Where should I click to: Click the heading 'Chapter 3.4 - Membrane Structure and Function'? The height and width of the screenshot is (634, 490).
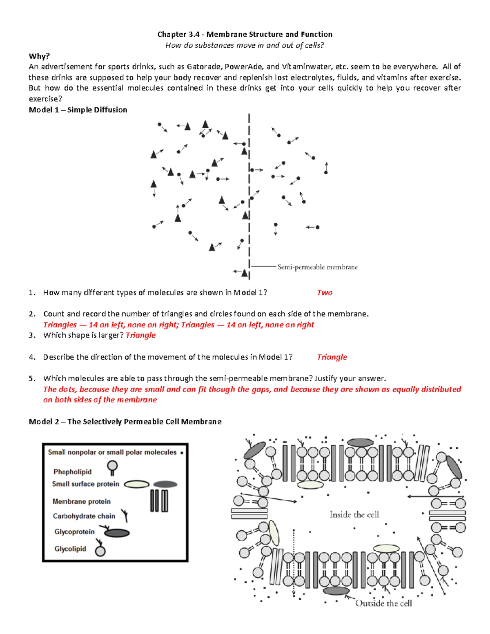tap(245, 34)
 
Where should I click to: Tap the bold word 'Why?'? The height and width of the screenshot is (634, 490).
tap(39, 56)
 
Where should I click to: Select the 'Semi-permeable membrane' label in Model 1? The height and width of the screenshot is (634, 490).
tap(317, 267)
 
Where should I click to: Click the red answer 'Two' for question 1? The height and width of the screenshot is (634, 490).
tap(325, 292)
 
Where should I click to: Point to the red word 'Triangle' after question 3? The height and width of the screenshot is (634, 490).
tap(140, 335)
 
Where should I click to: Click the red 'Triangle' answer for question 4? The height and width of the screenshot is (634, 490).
tap(332, 357)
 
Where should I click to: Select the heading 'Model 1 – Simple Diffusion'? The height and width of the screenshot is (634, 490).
tap(78, 109)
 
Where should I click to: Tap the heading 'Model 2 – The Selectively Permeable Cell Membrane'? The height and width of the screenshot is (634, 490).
tap(125, 421)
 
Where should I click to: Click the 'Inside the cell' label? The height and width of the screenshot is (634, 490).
tap(354, 514)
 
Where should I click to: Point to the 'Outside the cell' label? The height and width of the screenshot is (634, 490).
tap(383, 603)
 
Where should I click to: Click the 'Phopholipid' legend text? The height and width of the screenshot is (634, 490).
tap(72, 472)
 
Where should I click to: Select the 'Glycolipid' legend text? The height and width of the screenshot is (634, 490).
tap(70, 549)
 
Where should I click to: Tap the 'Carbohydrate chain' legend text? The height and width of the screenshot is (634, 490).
tap(84, 516)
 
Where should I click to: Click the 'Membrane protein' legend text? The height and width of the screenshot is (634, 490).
tap(81, 501)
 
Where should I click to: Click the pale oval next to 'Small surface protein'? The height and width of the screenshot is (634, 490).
tap(136, 484)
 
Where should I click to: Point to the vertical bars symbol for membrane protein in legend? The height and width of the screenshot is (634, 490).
tap(159, 501)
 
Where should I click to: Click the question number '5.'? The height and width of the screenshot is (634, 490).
tap(32, 378)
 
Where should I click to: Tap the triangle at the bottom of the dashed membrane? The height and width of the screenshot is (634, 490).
tap(244, 273)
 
